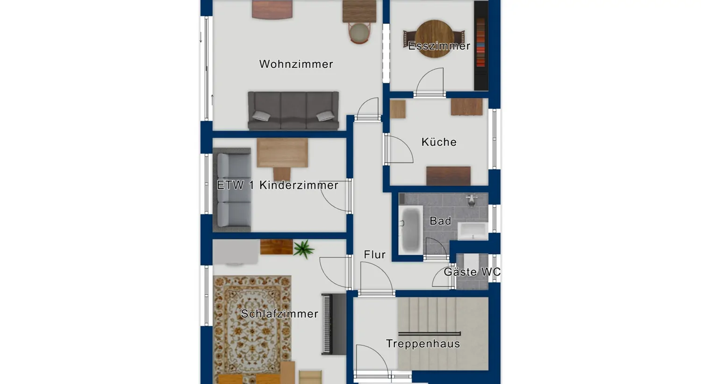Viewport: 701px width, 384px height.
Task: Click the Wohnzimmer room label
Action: click(296, 64)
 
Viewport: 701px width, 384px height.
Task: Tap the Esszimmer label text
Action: click(439, 46)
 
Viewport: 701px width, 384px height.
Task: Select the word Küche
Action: click(439, 142)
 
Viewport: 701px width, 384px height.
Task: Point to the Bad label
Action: click(440, 221)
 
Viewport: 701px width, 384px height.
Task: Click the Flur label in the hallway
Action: click(375, 255)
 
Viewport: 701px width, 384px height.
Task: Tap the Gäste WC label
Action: click(472, 272)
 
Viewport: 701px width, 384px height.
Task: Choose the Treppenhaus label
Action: click(423, 344)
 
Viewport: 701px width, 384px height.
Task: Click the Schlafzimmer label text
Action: click(279, 313)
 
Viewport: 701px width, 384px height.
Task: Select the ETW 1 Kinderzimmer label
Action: click(278, 185)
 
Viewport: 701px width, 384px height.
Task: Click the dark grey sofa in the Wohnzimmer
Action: click(293, 111)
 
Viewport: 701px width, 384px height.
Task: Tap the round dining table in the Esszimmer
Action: click(434, 39)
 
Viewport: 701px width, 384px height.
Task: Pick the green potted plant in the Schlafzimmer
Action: click(303, 249)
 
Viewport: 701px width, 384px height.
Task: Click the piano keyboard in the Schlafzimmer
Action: click(334, 324)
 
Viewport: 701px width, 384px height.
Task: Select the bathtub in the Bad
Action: click(411, 230)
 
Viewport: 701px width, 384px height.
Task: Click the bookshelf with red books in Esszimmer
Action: click(481, 46)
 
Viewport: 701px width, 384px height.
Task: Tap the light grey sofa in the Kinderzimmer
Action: click(232, 190)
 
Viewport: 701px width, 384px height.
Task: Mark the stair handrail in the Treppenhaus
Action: click(429, 334)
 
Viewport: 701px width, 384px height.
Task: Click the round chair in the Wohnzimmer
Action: click(359, 33)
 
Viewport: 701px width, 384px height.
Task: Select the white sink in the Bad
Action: click(473, 231)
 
